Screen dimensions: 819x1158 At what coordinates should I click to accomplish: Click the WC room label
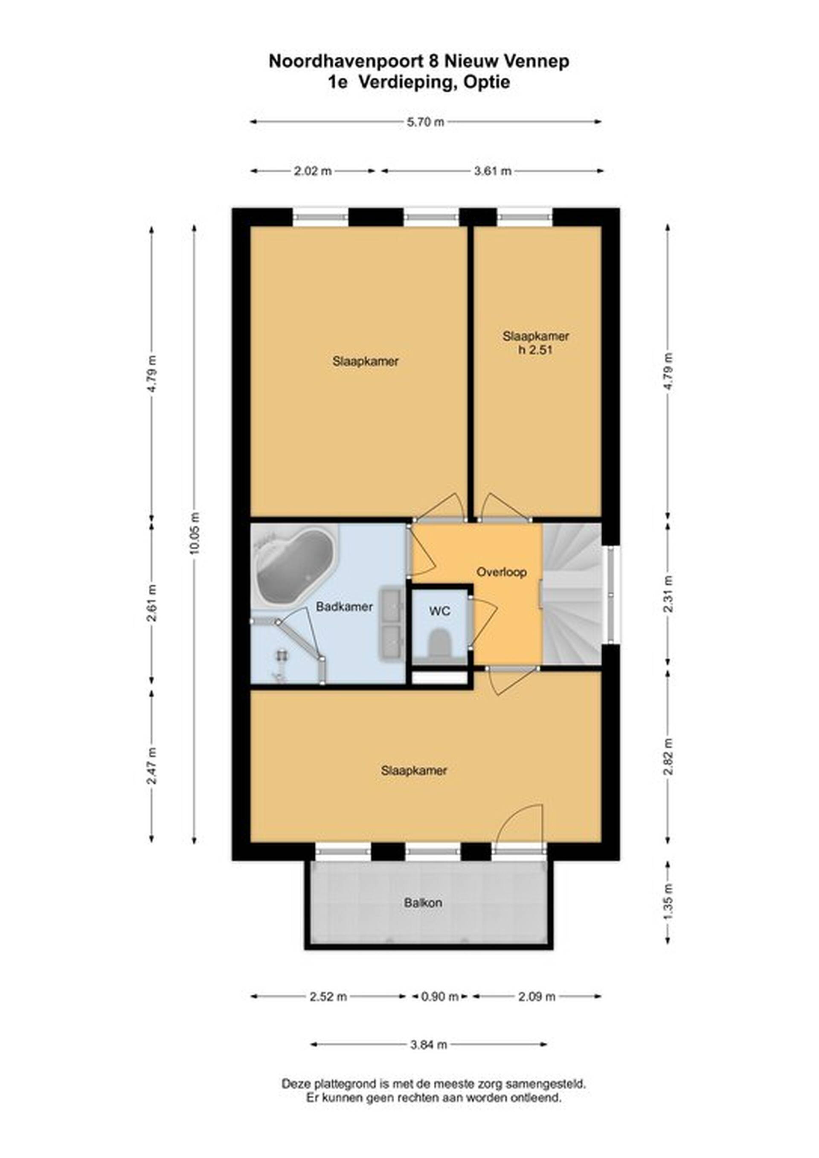tap(439, 612)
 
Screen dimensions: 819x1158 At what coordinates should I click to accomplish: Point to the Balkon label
tap(423, 902)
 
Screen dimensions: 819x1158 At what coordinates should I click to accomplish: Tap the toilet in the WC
tap(440, 643)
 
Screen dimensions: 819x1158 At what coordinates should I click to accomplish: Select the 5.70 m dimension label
tap(426, 122)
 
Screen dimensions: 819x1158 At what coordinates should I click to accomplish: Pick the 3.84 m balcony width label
tap(428, 1044)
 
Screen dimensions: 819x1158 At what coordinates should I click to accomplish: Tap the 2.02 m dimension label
tap(313, 171)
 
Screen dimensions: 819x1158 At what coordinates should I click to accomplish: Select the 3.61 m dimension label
tap(492, 171)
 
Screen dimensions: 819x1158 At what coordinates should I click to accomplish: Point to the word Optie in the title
tap(487, 82)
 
